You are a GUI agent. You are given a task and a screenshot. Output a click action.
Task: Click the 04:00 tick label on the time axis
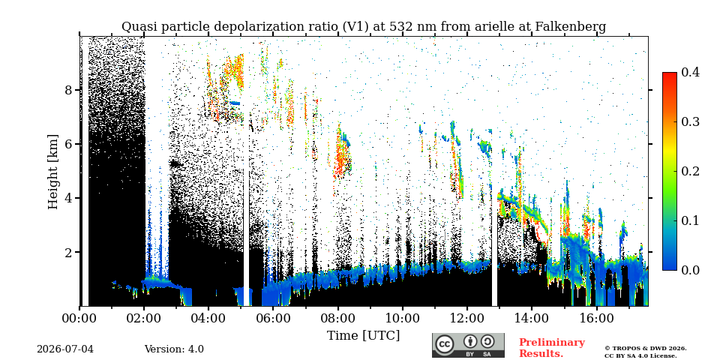(x=208, y=318)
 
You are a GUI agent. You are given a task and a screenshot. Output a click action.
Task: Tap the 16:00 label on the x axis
(x=596, y=318)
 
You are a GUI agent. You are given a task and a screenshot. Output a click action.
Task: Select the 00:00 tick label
(x=79, y=318)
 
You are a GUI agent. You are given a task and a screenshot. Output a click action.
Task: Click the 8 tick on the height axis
(x=68, y=90)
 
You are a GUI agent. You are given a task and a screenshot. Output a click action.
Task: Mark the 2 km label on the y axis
(x=68, y=253)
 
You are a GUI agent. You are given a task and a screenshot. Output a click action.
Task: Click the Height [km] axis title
(x=53, y=172)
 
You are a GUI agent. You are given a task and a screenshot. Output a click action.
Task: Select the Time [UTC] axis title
(x=363, y=336)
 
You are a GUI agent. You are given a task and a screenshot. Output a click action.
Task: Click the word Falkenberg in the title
(x=570, y=27)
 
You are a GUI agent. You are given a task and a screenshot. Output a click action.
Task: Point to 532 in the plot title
(x=400, y=27)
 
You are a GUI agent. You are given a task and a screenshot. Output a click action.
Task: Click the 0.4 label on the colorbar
(x=690, y=72)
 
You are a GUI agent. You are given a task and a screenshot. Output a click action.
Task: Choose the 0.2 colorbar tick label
(x=690, y=171)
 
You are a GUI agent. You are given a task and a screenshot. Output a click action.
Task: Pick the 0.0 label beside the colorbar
(x=690, y=269)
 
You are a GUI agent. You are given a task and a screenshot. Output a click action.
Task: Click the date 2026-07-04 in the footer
(x=65, y=349)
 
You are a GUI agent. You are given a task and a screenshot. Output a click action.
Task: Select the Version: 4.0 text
(x=174, y=349)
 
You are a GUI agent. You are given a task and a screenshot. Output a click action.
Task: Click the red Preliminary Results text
(x=552, y=347)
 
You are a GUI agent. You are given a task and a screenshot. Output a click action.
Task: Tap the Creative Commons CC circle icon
(x=444, y=344)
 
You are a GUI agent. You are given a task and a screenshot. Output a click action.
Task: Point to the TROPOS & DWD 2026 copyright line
(x=646, y=349)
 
